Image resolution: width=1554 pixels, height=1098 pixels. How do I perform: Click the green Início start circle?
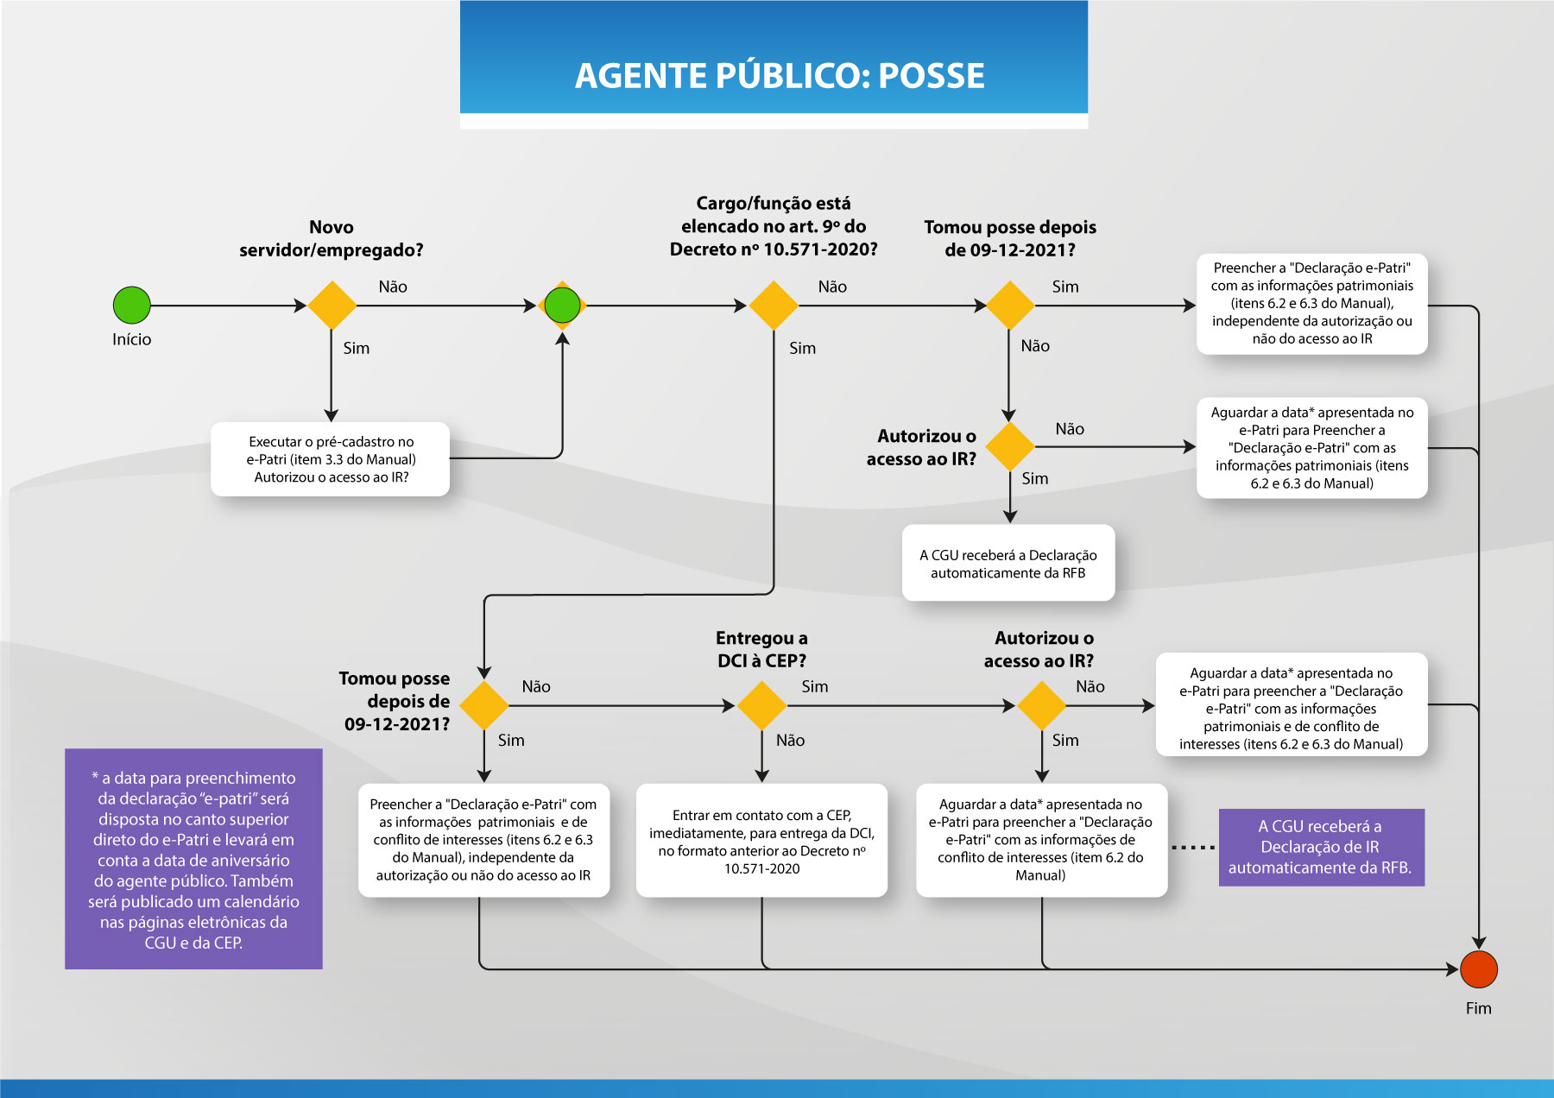[x=132, y=305]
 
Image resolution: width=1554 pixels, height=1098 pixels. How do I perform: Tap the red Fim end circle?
[x=1478, y=969]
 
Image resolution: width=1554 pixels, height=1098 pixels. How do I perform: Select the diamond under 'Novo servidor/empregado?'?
[x=332, y=305]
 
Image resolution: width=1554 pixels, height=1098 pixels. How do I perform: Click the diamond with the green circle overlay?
[x=563, y=305]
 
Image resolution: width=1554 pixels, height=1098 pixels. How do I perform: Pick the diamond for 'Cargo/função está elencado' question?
[x=774, y=305]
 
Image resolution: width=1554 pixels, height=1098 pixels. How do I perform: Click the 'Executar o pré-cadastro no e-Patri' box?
[x=331, y=459]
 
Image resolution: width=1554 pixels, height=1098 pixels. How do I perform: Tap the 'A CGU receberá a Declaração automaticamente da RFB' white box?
[x=1008, y=564]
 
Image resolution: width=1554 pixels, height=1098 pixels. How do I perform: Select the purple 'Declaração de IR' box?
[x=1320, y=847]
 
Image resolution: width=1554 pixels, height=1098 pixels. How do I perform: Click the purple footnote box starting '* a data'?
[x=193, y=859]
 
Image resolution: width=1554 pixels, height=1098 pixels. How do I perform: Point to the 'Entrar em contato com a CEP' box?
[x=761, y=841]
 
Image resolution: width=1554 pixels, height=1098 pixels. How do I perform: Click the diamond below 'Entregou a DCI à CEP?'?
[x=761, y=705]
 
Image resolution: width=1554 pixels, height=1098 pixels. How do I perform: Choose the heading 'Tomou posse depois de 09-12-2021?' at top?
[x=1009, y=238]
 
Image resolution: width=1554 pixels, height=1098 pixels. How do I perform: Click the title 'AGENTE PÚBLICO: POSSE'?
[x=780, y=76]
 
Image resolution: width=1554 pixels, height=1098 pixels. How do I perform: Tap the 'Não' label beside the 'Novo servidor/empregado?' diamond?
[x=393, y=287]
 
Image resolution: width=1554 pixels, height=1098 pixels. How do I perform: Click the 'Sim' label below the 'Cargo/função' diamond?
[x=802, y=348]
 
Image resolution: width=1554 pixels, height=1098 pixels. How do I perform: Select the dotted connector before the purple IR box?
[x=1193, y=848]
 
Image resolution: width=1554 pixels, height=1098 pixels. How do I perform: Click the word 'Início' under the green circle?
[x=131, y=339]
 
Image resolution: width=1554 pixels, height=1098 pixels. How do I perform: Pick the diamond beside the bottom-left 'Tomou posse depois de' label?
[x=484, y=705]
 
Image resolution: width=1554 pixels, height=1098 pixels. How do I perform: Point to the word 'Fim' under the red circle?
[x=1478, y=1008]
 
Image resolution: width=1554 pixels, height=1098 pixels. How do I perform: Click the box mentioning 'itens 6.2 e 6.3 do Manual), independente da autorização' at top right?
[x=1311, y=303]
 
